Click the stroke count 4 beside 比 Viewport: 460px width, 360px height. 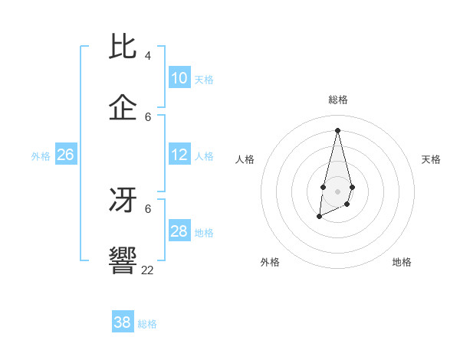click(148, 56)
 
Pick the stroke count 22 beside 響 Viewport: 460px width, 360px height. click(148, 270)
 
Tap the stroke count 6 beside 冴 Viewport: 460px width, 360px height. click(148, 208)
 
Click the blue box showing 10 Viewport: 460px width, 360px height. click(179, 78)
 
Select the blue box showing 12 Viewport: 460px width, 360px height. click(179, 155)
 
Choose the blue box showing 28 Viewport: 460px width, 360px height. click(179, 231)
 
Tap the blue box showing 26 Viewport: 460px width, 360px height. click(65, 155)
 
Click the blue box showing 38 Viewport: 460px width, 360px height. click(123, 322)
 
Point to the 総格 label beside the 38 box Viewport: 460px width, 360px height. click(147, 324)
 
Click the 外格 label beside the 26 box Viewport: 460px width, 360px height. click(41, 156)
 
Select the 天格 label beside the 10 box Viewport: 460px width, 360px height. click(204, 80)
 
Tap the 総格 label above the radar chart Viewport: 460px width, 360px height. click(337, 100)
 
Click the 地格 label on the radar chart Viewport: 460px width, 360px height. click(402, 262)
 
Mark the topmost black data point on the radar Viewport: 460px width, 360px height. click(337, 129)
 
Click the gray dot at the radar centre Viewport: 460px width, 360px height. click(337, 190)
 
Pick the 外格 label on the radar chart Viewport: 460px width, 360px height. click(270, 262)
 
